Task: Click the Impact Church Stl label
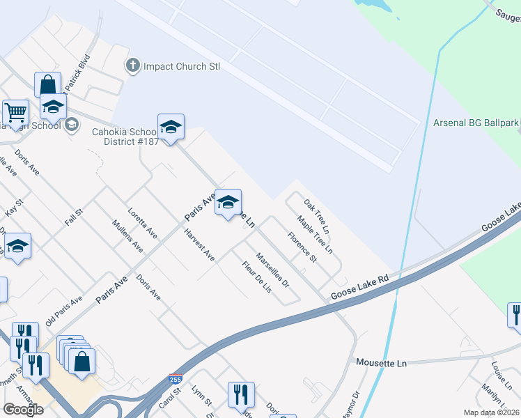click(181, 67)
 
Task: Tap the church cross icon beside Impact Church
click(132, 66)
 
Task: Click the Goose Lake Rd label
click(359, 286)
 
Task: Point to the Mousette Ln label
click(380, 363)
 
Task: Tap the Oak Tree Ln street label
click(316, 215)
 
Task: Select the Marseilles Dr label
click(272, 270)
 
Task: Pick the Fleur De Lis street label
click(256, 276)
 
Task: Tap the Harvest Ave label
click(200, 245)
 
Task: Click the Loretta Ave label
click(142, 221)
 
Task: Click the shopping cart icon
click(15, 111)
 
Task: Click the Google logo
click(23, 409)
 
